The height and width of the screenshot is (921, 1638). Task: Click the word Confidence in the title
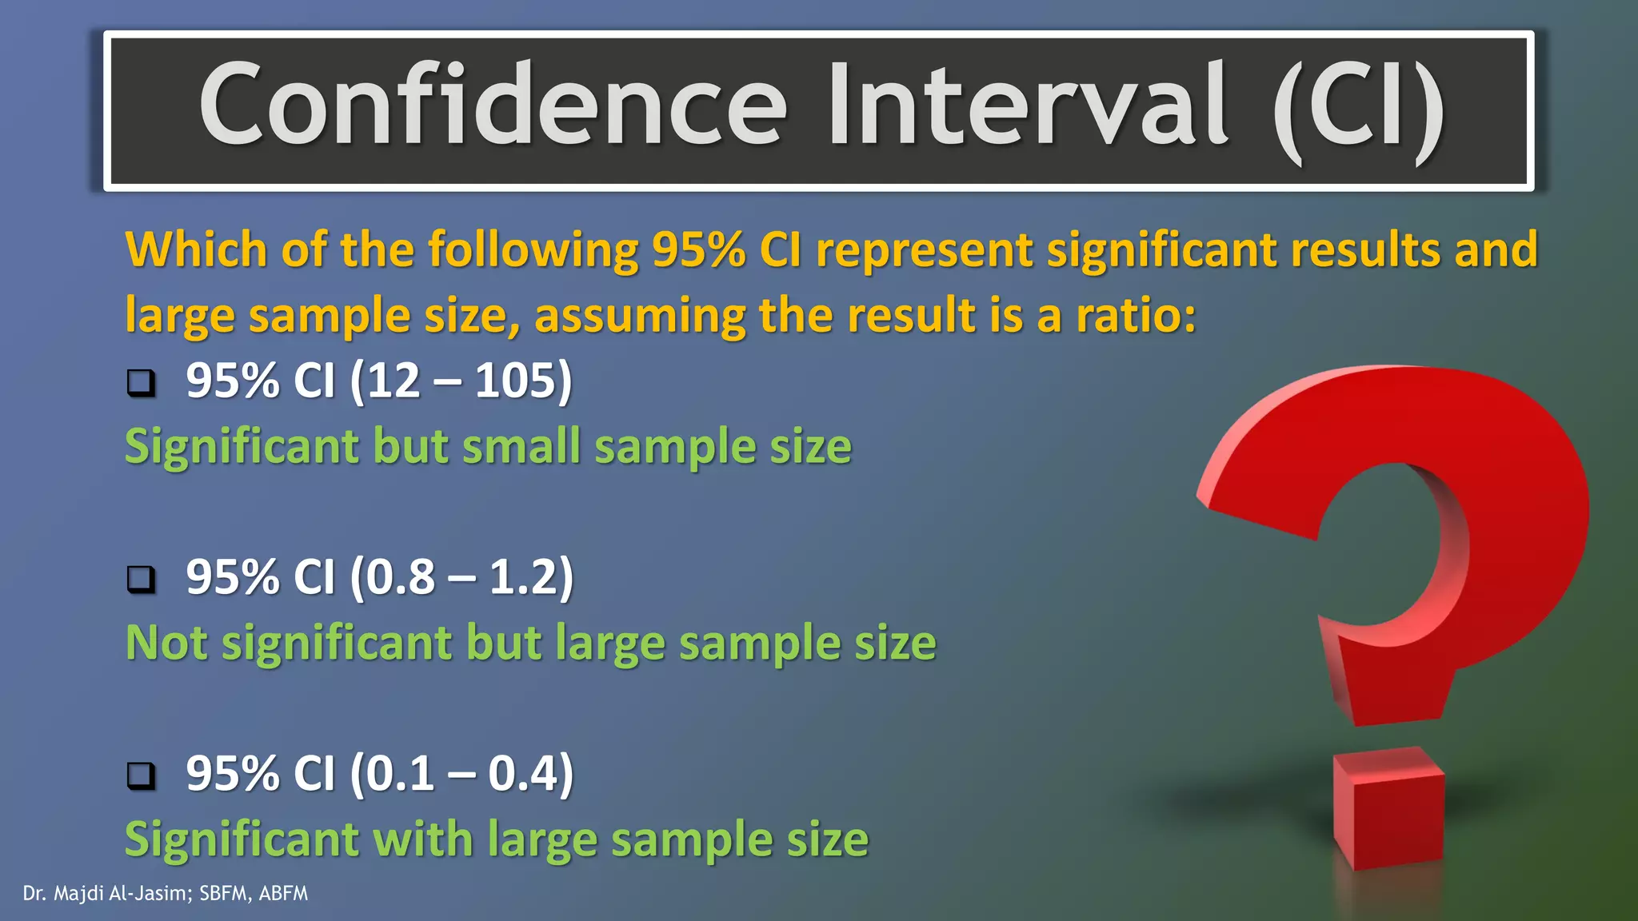[x=493, y=106]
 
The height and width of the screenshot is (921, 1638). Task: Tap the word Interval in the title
[x=1027, y=106]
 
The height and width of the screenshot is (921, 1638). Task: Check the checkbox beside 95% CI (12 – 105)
[x=142, y=383]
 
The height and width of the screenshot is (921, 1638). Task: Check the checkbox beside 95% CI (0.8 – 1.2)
[x=142, y=579]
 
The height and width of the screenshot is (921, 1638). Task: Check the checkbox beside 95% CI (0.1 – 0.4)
[x=142, y=775]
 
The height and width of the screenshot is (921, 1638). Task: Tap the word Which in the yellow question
[x=197, y=249]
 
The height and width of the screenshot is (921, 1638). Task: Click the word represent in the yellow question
[x=925, y=251]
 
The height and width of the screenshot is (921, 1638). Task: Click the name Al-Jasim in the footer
[x=149, y=894]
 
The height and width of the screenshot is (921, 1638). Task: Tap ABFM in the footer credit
[x=283, y=894]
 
